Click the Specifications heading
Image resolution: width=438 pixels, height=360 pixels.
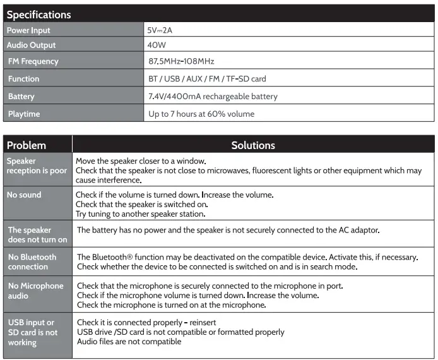click(39, 14)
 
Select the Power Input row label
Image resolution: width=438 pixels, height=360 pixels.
click(28, 30)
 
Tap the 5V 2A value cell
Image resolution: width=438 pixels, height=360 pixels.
click(160, 30)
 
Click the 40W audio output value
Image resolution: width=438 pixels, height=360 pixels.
click(157, 45)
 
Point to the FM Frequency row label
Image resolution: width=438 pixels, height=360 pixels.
click(33, 61)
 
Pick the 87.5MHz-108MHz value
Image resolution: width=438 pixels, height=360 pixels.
click(182, 61)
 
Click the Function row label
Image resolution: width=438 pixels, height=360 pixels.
click(24, 79)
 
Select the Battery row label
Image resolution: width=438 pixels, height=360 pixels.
click(21, 97)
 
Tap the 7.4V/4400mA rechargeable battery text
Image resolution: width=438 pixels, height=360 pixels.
click(213, 97)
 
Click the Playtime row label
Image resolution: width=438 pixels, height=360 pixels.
click(24, 114)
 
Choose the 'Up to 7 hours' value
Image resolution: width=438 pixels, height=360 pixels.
click(201, 114)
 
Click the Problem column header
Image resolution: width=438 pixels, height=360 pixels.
click(27, 145)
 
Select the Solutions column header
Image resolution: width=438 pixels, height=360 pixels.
click(253, 145)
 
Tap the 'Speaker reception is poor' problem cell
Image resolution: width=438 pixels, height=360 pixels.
click(37, 166)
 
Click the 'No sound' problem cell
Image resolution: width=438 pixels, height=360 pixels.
click(24, 195)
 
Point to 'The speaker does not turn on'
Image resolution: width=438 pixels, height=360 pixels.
click(37, 235)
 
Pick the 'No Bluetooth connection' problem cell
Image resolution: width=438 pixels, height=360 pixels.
click(32, 262)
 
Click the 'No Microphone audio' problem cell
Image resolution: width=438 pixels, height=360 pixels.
click(35, 291)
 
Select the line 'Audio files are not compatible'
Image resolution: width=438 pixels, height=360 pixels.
click(129, 342)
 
